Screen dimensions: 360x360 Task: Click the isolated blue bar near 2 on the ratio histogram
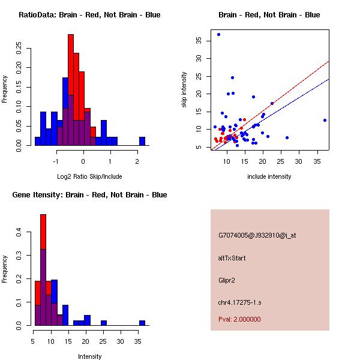pos(142,141)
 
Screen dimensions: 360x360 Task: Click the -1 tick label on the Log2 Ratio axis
pos(56,161)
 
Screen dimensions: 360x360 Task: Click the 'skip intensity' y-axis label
pos(184,90)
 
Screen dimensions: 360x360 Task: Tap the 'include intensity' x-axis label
pos(269,176)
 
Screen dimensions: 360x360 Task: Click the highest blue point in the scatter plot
pos(218,34)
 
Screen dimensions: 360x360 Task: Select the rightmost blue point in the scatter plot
pos(325,120)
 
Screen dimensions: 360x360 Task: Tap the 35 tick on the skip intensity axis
pos(199,40)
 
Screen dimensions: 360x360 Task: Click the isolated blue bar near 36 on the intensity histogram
pos(142,323)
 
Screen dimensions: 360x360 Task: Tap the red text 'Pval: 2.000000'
pos(239,319)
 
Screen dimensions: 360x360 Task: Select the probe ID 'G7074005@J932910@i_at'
pos(257,235)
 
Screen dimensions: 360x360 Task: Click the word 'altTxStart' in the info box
pos(232,258)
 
